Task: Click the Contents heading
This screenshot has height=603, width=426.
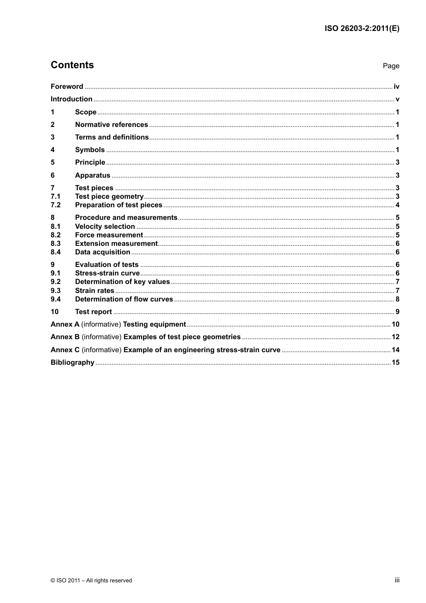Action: tap(72, 65)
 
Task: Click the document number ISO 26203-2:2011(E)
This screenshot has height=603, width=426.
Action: tap(361, 28)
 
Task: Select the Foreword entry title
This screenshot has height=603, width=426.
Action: tap(67, 87)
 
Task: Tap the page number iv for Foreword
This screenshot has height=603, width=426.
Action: tap(396, 87)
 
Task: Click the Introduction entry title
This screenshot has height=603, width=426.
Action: tap(71, 99)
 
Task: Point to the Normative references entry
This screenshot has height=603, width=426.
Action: tap(111, 125)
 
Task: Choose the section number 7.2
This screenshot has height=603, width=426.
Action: tap(56, 205)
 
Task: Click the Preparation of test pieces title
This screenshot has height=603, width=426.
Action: tap(118, 205)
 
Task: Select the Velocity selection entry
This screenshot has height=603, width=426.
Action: tap(105, 227)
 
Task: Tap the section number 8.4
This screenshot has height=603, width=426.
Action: tap(56, 252)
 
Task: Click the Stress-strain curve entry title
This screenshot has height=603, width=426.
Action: tap(107, 273)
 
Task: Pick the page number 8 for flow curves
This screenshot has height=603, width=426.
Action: tap(397, 299)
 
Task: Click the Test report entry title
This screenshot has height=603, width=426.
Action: tap(93, 312)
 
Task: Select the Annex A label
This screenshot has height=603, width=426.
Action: tap(65, 324)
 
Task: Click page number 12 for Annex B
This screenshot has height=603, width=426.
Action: tap(396, 337)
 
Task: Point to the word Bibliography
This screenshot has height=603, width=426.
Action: tap(72, 363)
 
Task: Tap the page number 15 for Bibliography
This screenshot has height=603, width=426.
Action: tap(396, 363)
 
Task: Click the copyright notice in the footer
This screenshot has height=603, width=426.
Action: tap(91, 581)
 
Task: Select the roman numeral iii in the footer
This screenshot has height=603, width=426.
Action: tap(397, 580)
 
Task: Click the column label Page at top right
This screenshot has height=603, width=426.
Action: tap(391, 66)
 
